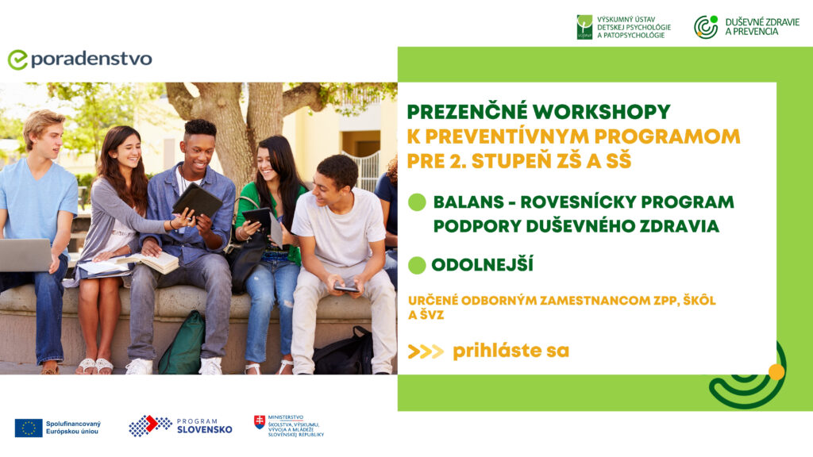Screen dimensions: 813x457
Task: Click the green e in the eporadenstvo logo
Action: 17,60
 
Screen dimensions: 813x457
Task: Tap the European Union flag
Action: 29,428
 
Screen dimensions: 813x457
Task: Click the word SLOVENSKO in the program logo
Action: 205,429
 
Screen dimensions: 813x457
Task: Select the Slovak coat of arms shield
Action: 260,422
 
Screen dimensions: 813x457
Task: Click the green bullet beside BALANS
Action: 417,202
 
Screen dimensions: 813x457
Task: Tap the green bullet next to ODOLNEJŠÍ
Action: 417,265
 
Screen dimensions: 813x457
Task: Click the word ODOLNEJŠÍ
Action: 483,265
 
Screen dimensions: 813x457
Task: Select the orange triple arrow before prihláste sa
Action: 426,351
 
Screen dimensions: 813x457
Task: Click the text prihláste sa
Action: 511,351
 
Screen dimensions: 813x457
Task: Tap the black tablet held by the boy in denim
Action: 198,201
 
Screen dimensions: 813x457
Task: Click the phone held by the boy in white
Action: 346,288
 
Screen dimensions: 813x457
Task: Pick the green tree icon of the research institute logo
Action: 584,27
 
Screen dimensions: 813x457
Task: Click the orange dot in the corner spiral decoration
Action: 776,372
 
